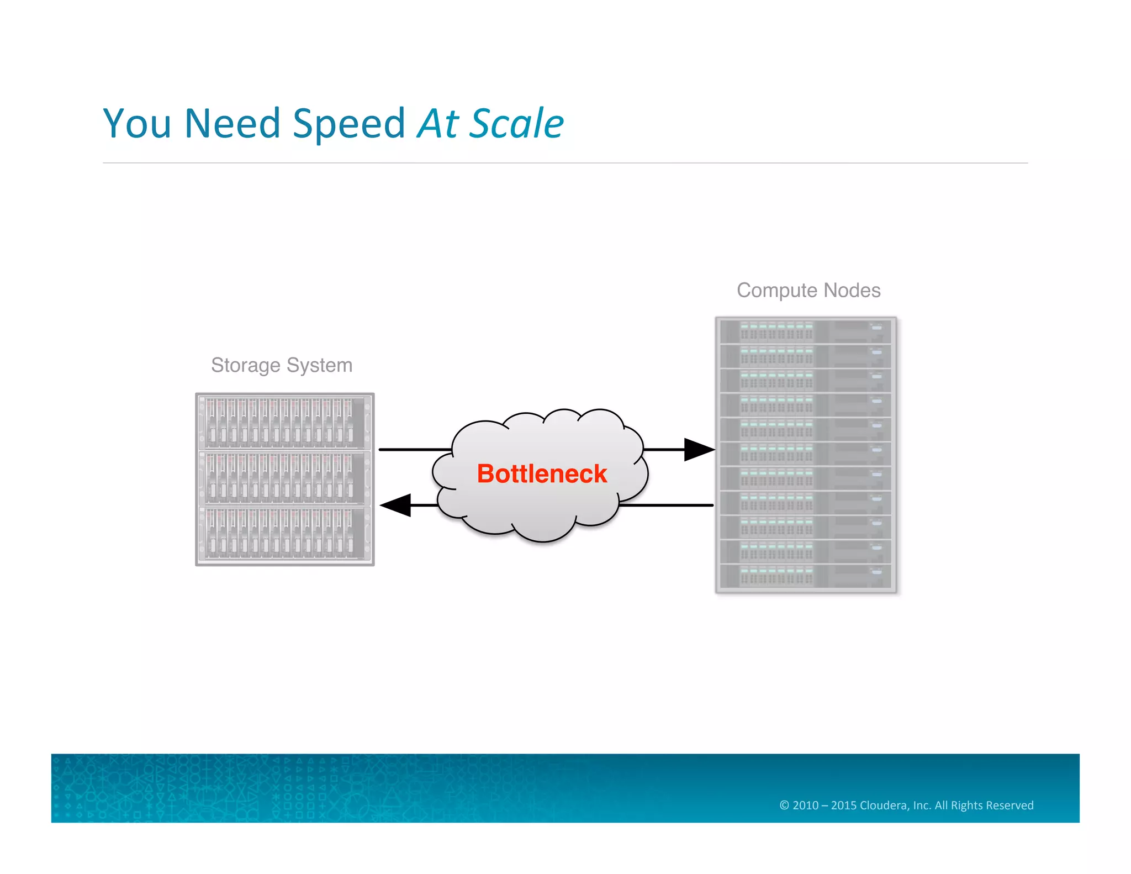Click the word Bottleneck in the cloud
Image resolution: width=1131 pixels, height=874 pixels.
click(x=542, y=474)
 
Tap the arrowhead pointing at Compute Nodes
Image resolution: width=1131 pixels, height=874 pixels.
click(x=698, y=450)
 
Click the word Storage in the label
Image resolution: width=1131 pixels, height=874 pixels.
click(x=245, y=365)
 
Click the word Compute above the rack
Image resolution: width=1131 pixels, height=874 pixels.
click(x=776, y=291)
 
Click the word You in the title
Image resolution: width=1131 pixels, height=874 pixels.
click(x=137, y=123)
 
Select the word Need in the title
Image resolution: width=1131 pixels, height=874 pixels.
click(x=232, y=123)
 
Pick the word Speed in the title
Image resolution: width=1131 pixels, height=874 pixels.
click(x=349, y=124)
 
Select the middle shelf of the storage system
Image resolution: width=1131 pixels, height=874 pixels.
click(x=285, y=478)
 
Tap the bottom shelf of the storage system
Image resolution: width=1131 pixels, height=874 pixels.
click(x=285, y=534)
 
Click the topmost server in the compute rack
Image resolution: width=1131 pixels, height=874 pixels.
click(x=805, y=331)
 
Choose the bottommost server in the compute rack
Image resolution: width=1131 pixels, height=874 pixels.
click(x=805, y=576)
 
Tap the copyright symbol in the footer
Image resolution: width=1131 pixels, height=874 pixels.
click(x=784, y=805)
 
